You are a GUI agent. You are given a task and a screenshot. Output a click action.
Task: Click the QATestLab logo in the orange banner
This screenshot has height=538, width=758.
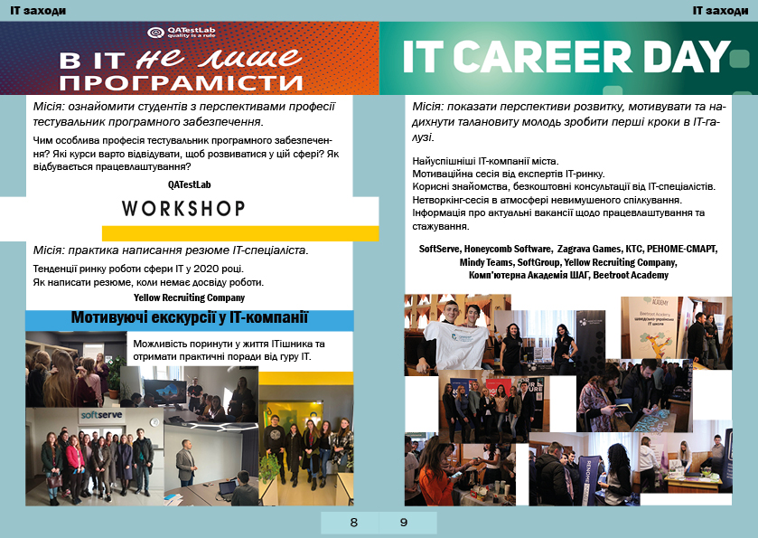pos(182,32)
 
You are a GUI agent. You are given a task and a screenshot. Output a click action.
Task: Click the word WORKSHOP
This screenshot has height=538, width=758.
pos(183,209)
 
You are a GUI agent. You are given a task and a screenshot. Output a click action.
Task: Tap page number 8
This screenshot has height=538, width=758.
pos(354,523)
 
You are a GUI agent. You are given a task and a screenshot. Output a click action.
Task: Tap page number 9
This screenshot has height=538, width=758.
pos(404,523)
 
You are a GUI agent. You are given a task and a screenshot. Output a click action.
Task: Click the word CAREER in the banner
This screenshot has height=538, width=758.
pos(542,57)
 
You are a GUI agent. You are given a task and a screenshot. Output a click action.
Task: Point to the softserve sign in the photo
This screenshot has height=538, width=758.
pos(101,415)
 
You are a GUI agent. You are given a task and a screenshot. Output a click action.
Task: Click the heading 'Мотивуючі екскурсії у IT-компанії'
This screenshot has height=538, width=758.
pos(190,318)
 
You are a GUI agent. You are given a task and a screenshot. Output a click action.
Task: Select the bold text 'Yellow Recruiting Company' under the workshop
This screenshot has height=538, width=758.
pos(189,297)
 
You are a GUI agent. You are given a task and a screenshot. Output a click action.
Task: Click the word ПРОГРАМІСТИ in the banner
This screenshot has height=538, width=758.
pos(181,82)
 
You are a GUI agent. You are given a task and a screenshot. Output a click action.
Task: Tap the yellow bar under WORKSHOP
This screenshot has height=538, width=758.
pos(240,233)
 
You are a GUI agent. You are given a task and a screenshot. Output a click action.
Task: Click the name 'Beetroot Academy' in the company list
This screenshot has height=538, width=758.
pos(631,275)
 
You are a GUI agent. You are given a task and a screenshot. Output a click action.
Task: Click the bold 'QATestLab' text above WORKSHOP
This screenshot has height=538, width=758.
pos(190,184)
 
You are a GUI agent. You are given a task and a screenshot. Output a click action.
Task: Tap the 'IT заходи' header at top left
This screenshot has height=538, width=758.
pos(38,11)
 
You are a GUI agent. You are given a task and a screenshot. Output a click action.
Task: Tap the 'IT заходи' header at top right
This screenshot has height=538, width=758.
pos(720,11)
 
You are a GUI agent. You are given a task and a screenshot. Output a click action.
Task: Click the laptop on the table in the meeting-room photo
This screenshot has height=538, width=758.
pos(227,488)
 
